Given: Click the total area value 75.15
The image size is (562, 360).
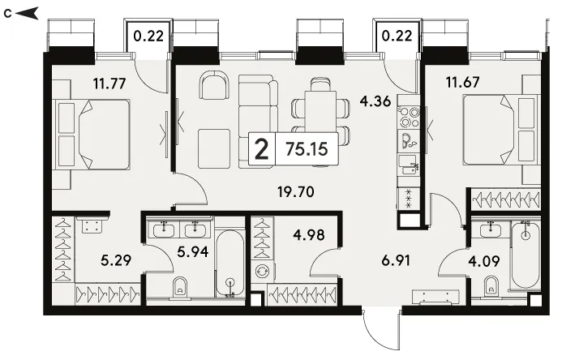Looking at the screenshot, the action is (x=307, y=148).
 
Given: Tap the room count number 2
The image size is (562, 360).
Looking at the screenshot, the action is (x=262, y=149).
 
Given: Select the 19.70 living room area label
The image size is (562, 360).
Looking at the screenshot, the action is (x=296, y=192).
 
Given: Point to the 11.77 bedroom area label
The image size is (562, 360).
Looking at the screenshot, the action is (x=109, y=84).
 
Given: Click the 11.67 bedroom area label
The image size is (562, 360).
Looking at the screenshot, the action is (x=463, y=83).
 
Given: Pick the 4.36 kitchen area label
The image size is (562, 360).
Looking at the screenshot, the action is (x=375, y=101).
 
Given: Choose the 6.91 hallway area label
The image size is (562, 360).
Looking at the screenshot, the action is (x=396, y=260).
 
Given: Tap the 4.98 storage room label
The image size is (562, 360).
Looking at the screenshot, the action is (x=309, y=235).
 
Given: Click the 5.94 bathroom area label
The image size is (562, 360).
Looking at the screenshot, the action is (x=193, y=252).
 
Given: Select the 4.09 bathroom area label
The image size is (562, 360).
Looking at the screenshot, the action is (x=484, y=261).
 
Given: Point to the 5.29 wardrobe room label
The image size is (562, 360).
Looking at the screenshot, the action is (x=116, y=260).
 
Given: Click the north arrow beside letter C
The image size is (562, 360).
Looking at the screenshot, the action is (x=27, y=14).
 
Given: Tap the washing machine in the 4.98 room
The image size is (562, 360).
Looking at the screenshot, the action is (x=263, y=272).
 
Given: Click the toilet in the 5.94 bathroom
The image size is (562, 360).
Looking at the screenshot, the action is (x=179, y=287).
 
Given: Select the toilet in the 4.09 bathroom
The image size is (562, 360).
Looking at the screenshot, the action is (x=491, y=286).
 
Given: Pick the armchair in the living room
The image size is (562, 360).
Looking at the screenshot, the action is (x=214, y=85).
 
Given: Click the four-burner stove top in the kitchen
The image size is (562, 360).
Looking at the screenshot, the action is (x=410, y=117).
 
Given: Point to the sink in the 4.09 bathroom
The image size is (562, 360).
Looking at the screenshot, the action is (x=491, y=229).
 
